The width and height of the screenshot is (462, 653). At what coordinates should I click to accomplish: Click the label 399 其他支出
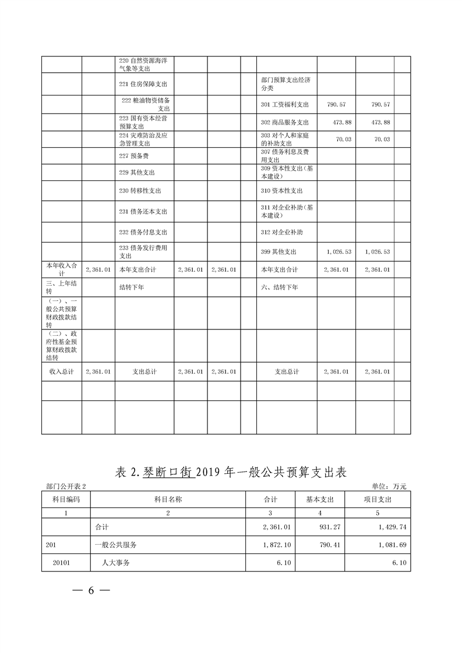[279, 252]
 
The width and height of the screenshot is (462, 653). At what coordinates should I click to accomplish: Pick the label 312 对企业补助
[282, 232]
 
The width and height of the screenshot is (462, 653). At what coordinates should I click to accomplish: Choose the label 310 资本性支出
[282, 191]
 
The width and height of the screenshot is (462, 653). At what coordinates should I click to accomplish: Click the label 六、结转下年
[280, 288]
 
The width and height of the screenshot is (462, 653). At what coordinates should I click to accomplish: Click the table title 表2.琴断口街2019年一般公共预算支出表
[231, 472]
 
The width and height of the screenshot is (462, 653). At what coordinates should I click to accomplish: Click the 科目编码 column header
[66, 499]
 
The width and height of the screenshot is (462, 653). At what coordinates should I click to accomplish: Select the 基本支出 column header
[319, 499]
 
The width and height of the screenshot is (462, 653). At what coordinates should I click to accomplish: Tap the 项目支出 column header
[378, 499]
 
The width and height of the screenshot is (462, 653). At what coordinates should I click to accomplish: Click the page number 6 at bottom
[91, 590]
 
